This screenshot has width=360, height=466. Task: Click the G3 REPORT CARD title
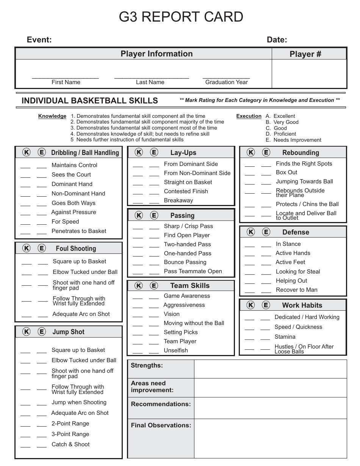pyautogui.click(x=181, y=17)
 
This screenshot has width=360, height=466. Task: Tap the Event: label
pyautogui.click(x=39, y=40)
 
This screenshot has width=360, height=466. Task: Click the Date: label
pyautogui.click(x=277, y=40)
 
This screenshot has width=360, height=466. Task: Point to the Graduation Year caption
pyautogui.click(x=226, y=82)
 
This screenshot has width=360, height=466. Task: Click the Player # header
pyautogui.click(x=305, y=54)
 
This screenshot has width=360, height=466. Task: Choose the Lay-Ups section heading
pyautogui.click(x=183, y=153)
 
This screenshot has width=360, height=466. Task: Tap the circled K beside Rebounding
pyautogui.click(x=251, y=153)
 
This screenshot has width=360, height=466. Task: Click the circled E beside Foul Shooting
pyautogui.click(x=42, y=249)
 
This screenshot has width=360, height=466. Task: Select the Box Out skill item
pyautogui.click(x=286, y=172)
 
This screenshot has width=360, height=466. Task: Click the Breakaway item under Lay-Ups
pyautogui.click(x=178, y=200)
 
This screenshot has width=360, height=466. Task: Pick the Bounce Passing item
pyautogui.click(x=185, y=262)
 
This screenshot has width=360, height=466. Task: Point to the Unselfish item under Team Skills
pyautogui.click(x=176, y=350)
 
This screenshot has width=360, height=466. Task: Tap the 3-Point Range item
pyautogui.click(x=70, y=434)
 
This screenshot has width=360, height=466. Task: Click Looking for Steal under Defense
pyautogui.click(x=298, y=272)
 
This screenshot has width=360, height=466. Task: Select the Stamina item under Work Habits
pyautogui.click(x=285, y=337)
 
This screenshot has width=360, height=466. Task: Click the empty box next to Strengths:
pyautogui.click(x=271, y=369)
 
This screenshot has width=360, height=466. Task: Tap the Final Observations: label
pyautogui.click(x=161, y=425)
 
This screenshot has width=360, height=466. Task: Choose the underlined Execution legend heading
pyautogui.click(x=249, y=116)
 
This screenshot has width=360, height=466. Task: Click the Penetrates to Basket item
pyautogui.click(x=79, y=231)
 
